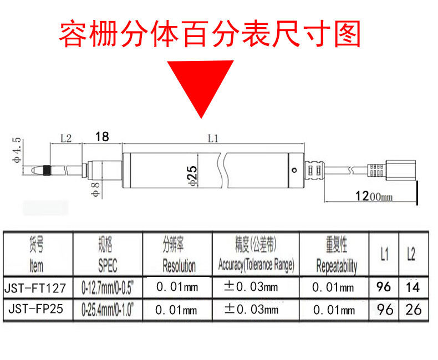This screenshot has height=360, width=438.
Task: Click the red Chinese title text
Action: pos(210,34)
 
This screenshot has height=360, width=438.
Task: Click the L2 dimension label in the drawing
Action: pos(66,139)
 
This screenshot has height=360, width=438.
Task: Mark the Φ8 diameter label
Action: pos(94,189)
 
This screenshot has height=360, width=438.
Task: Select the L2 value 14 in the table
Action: pos(412,287)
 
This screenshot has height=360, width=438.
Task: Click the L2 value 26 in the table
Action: pos(413,309)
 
